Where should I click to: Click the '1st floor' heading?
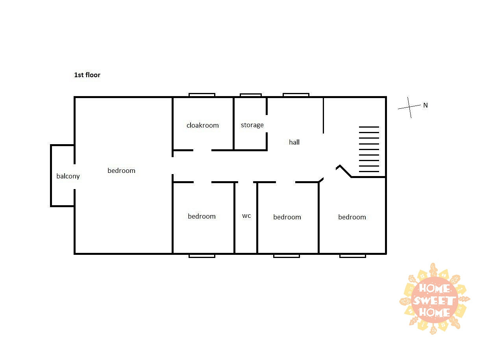click(87, 75)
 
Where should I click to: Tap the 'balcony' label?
click(68, 176)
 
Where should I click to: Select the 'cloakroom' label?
click(202, 125)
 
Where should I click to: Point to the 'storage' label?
click(252, 125)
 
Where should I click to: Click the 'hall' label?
click(294, 142)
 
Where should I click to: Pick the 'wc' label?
click(246, 216)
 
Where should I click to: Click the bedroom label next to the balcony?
click(121, 171)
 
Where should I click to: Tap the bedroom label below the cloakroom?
click(202, 216)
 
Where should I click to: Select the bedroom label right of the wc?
click(287, 217)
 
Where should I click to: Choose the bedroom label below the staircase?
click(352, 217)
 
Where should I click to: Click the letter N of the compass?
click(426, 105)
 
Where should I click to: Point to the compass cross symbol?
click(409, 107)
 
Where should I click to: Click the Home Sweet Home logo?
click(435, 299)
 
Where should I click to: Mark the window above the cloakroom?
click(202, 95)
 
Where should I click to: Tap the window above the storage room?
click(251, 95)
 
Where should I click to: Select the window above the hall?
click(296, 95)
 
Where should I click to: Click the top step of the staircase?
click(369, 127)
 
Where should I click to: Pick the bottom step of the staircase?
click(369, 171)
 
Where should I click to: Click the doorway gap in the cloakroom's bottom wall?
click(202, 150)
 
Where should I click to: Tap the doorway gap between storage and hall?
click(267, 124)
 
